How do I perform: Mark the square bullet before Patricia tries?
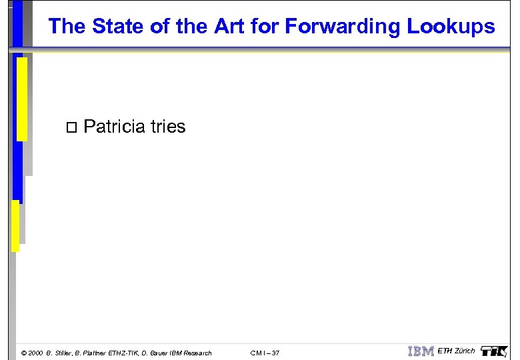[72, 127]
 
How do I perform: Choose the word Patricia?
[115, 127]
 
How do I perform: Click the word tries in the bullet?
[168, 127]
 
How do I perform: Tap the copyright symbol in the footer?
[24, 353]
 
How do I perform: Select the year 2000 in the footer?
[36, 353]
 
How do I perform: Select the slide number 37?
[275, 353]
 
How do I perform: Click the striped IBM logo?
[421, 351]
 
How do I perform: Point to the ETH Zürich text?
[456, 351]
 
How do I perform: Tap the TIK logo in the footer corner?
[493, 351]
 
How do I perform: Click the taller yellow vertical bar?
[21, 99]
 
